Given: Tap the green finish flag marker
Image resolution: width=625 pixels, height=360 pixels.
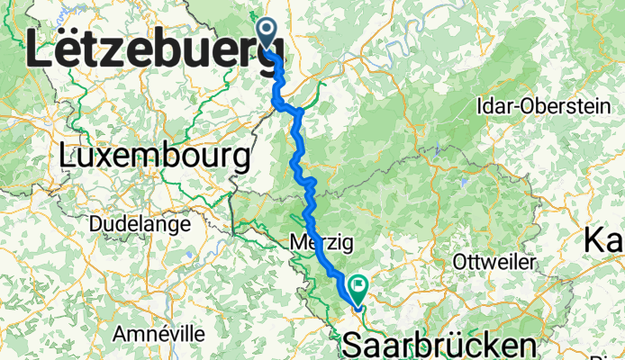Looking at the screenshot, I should coord(359,289).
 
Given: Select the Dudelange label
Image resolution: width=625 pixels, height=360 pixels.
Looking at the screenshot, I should coord(140,223).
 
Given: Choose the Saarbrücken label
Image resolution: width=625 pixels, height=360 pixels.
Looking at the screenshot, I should coord(439,346).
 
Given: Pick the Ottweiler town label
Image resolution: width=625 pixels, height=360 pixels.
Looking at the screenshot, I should coord(485,261).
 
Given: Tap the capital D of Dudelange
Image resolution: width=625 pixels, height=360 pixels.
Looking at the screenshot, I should coord(95,223).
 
